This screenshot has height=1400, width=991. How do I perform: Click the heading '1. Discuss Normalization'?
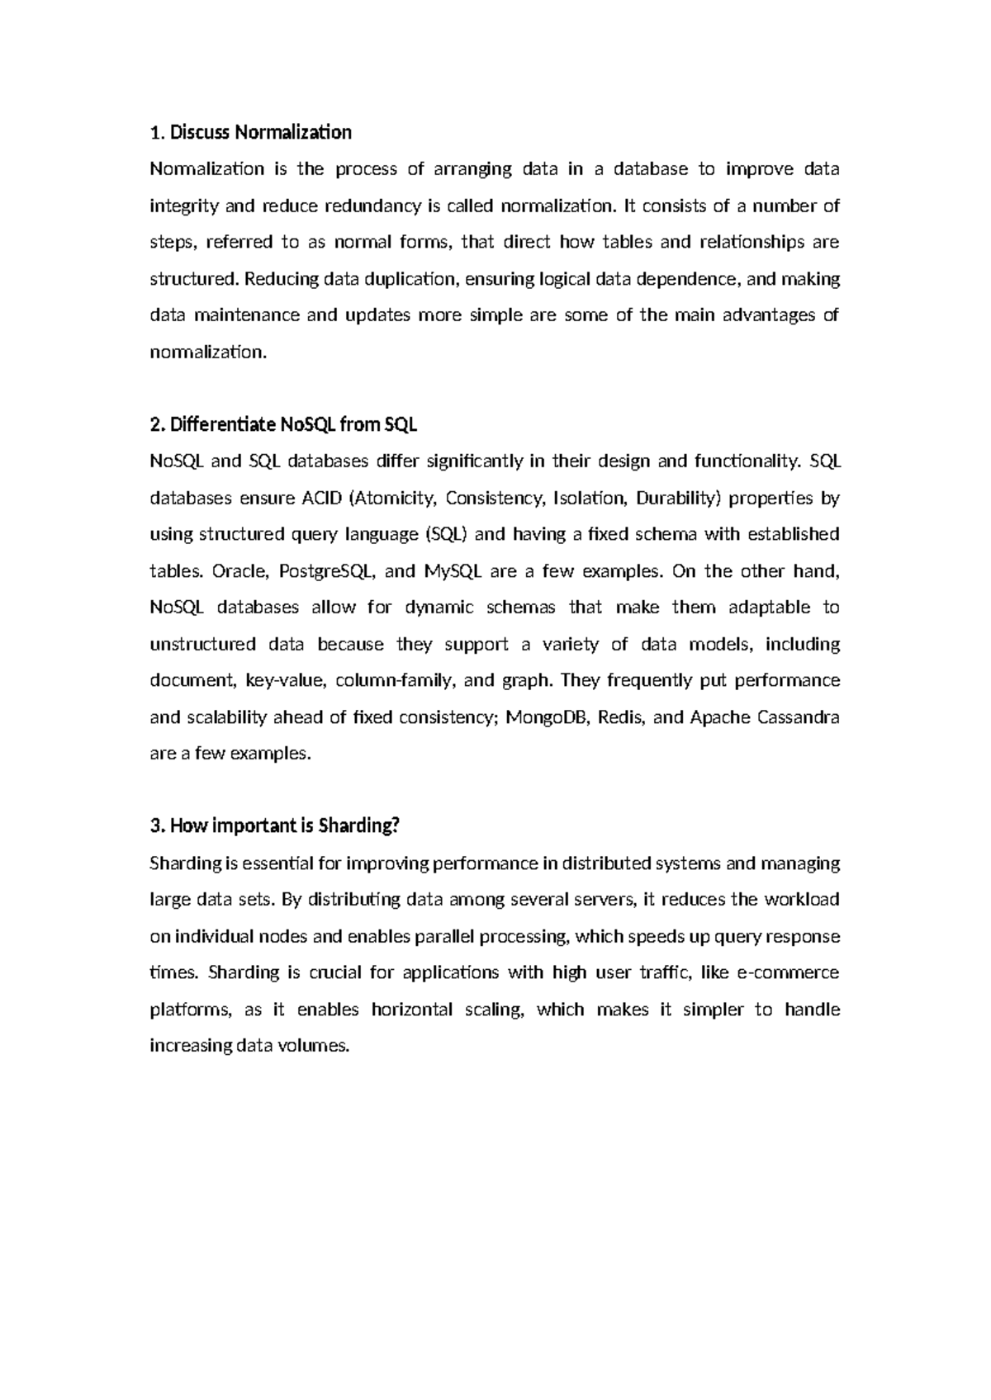(250, 132)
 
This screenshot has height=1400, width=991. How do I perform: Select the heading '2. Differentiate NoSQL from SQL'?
(283, 425)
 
